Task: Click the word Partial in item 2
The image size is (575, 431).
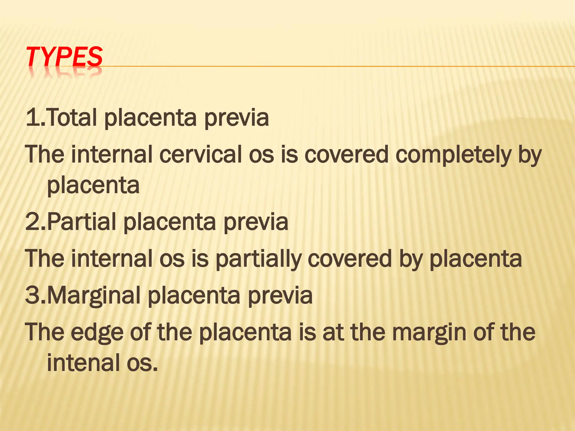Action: coord(81,222)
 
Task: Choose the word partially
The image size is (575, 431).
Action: coord(259,259)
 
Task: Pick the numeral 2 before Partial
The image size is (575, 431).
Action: coord(32,222)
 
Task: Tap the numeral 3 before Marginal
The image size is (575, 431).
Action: coord(32,296)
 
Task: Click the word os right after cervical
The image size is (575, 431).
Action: coord(261,155)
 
